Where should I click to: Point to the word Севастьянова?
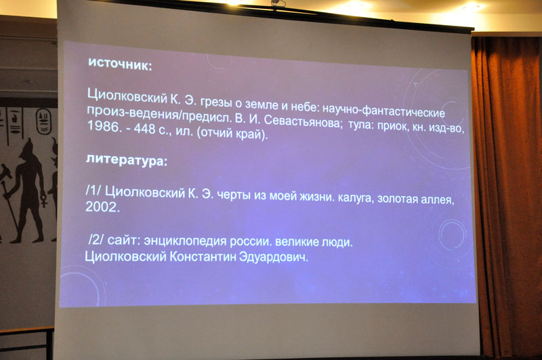click(301, 121)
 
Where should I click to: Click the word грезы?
click(216, 102)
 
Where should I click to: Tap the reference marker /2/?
click(96, 239)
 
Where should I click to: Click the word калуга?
click(356, 198)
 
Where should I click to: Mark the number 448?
click(144, 129)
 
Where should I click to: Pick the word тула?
click(360, 125)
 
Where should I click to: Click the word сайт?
click(123, 240)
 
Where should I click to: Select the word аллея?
click(437, 199)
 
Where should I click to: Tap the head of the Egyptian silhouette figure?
click(27, 149)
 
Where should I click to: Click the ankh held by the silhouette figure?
click(44, 201)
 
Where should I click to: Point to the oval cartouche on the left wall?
click(43, 121)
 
